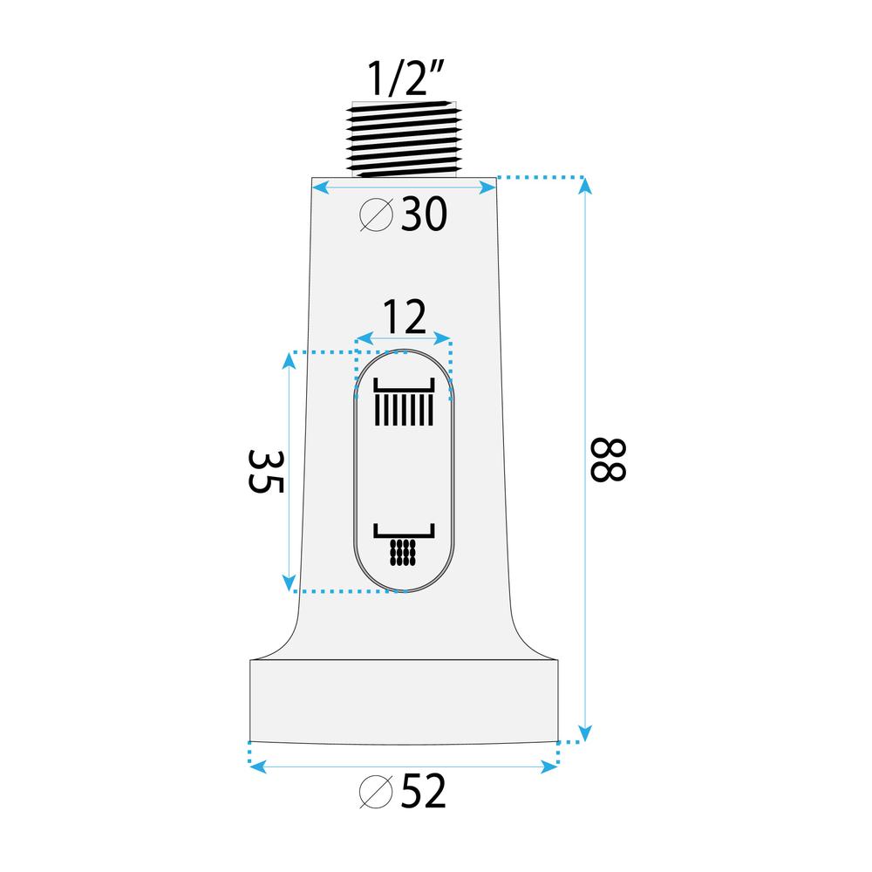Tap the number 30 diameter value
pyautogui.click(x=425, y=215)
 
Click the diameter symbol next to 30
pyautogui.click(x=377, y=215)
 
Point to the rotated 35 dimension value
pyautogui.click(x=266, y=472)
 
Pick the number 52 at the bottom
pyautogui.click(x=426, y=792)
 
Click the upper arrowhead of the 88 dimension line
pyautogui.click(x=584, y=184)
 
